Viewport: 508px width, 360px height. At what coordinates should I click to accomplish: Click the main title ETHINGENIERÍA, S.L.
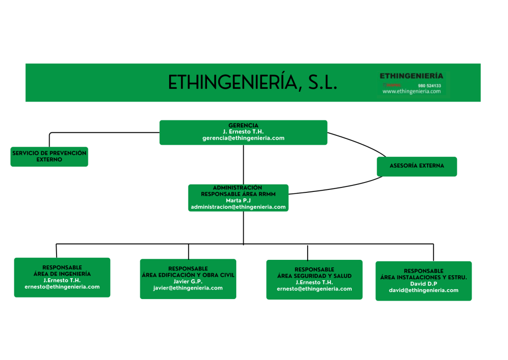click(x=253, y=83)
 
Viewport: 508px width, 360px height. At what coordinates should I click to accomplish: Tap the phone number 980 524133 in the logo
click(x=429, y=85)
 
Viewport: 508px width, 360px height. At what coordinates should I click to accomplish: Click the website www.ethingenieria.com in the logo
click(x=411, y=91)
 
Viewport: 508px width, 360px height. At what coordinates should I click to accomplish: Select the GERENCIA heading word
click(x=243, y=125)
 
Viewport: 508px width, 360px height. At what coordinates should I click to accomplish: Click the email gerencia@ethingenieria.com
click(x=243, y=138)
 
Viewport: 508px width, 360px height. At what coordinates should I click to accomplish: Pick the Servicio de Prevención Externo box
click(x=49, y=157)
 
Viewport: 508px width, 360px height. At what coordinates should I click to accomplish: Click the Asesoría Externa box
click(x=417, y=166)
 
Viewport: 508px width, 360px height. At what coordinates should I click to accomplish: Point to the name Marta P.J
click(x=238, y=200)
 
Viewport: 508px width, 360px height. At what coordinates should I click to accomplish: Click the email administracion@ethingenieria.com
click(x=238, y=207)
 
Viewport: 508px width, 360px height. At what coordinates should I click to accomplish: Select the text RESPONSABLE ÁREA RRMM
click(x=238, y=194)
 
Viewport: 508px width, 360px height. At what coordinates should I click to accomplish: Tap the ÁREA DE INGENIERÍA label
click(x=62, y=274)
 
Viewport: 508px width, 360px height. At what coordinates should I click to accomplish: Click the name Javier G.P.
click(x=188, y=281)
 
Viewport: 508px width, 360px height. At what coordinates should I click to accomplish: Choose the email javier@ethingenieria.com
click(x=188, y=288)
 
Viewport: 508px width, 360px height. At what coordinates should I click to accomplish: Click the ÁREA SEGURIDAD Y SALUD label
click(x=315, y=276)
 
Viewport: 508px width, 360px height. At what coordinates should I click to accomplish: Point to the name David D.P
click(x=424, y=284)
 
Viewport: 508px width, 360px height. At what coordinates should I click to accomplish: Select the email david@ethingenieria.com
click(x=424, y=290)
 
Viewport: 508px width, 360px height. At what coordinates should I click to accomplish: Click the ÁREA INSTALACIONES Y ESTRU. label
click(x=424, y=277)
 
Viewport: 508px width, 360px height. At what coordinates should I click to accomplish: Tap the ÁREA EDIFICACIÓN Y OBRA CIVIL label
click(x=188, y=275)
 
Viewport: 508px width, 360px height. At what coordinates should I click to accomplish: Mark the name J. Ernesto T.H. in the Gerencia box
click(x=243, y=132)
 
